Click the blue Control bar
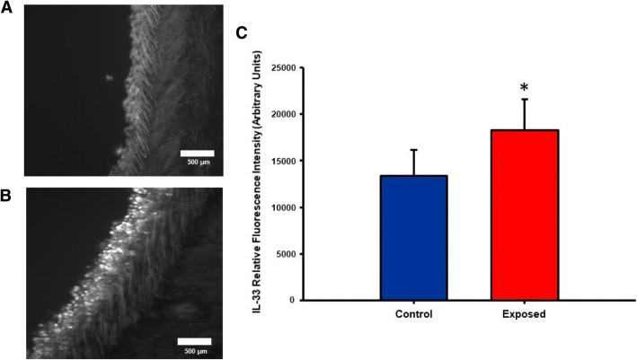pos(414,238)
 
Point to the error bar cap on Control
pos(414,150)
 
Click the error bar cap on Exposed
pos(525,100)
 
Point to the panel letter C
pos(241,33)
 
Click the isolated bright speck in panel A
pos(107,77)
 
